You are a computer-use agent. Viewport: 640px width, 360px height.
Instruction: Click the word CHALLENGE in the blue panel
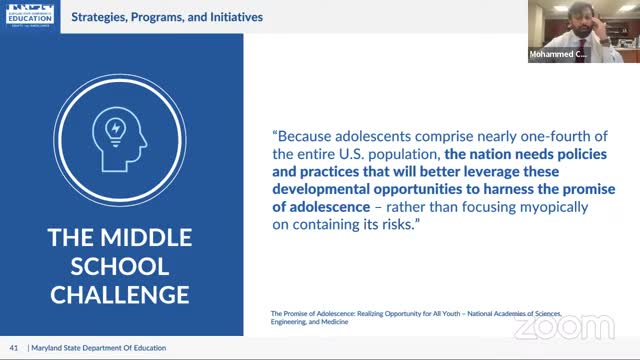point(120,294)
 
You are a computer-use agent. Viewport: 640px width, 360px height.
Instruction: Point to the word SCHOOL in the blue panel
point(120,267)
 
